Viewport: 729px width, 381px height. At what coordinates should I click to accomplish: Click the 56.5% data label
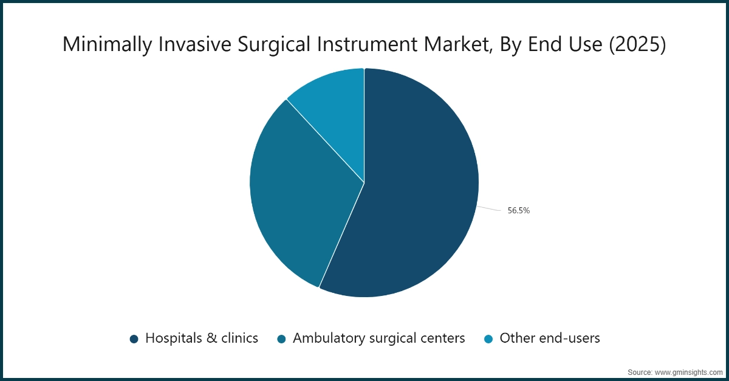point(519,211)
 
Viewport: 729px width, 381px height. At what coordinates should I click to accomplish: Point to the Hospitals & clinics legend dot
point(134,338)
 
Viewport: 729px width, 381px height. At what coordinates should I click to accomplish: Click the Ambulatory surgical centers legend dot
point(282,338)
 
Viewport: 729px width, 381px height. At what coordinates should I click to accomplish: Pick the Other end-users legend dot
point(489,338)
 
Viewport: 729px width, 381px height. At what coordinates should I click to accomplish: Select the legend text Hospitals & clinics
point(202,338)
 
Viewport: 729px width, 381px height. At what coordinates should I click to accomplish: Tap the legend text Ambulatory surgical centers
point(379,338)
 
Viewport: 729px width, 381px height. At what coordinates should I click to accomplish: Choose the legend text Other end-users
point(550,338)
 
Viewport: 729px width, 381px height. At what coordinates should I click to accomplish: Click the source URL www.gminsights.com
point(687,371)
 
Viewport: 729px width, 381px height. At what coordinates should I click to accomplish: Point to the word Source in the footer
point(640,371)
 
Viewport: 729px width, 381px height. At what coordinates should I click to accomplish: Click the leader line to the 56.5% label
point(490,208)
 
